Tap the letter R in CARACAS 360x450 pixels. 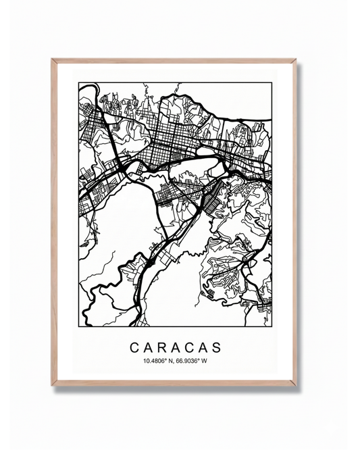coord(163,348)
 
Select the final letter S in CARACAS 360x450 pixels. coord(216,348)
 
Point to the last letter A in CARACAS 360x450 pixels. coord(203,348)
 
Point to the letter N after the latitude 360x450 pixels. coord(170,361)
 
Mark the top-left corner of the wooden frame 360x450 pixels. coord(52,59)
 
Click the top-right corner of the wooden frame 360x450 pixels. coord(297,59)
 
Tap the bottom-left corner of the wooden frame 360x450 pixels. coord(52,386)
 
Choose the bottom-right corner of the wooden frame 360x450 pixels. coord(297,386)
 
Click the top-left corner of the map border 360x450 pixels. coord(78,83)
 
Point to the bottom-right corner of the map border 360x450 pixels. coord(272,324)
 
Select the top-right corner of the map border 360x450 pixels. coord(272,83)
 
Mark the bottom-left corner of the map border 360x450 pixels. coord(78,324)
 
